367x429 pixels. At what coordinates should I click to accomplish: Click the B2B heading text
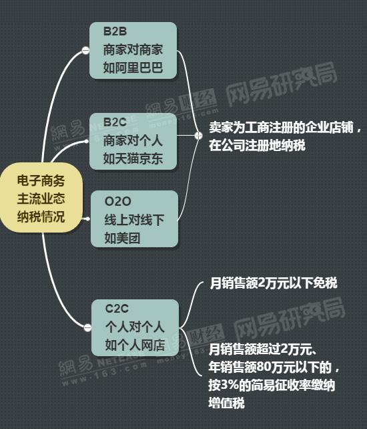point(115,31)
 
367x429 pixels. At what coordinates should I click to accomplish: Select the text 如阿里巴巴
point(133,68)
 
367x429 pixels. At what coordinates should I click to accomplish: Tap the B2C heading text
point(115,122)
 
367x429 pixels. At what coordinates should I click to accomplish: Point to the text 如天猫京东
point(133,158)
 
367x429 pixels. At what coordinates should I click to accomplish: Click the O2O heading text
point(118,201)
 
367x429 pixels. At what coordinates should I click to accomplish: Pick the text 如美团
point(122,239)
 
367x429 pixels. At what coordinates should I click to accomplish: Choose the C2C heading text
point(117,309)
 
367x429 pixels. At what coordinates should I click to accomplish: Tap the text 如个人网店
point(135,345)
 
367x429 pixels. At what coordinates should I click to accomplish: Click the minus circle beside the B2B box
point(85,50)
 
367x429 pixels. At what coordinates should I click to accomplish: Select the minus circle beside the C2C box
point(87,327)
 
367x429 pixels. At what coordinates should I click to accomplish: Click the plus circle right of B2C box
point(198,136)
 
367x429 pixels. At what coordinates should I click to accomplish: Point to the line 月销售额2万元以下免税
point(274,283)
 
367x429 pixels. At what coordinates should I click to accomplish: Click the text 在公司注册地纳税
point(257,145)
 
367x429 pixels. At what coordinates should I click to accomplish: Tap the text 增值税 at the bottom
point(227,403)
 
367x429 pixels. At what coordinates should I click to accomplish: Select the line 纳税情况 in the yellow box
point(41,217)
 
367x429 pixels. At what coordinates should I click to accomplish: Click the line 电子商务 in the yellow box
point(41,180)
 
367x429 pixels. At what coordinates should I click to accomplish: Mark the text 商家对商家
point(133,50)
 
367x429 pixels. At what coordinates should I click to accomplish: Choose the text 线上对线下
point(134,220)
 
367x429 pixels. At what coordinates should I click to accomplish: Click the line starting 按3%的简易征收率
point(272,385)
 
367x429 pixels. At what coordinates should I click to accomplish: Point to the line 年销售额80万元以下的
point(274,367)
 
